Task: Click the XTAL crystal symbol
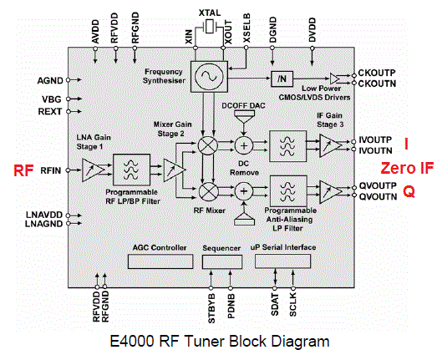point(210,26)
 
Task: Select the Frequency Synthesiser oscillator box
point(209,76)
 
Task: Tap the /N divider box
point(282,79)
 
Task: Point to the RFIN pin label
point(51,170)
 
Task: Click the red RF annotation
point(23,170)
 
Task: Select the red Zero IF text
point(407,168)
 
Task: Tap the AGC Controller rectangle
point(160,261)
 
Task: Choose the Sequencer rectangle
point(222,261)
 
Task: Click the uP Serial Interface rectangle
point(282,261)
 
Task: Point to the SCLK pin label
point(293,306)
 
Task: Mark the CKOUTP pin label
point(377,73)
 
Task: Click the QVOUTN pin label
point(378,196)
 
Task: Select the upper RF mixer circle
point(208,145)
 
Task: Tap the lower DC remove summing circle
point(244,191)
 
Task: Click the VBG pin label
point(52,99)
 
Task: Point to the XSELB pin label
point(246,28)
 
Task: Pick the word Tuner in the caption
point(205,341)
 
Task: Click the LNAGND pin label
point(43,224)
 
